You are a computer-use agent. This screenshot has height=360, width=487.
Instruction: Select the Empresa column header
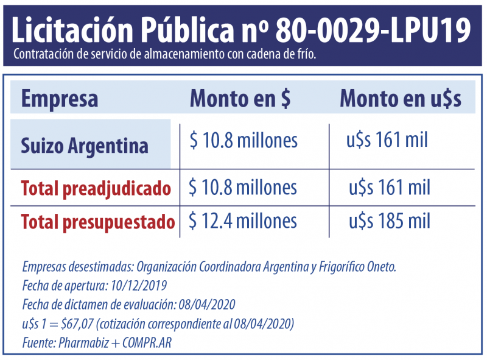point(60,99)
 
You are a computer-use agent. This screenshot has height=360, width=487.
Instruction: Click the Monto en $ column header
point(240,99)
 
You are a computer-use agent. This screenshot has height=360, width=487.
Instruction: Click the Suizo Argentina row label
point(85,146)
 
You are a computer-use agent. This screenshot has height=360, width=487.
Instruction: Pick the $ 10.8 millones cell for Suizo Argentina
point(243,141)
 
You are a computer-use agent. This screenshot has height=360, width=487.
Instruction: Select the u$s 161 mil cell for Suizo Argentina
point(387,141)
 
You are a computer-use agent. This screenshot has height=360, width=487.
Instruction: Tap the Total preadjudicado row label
point(96,188)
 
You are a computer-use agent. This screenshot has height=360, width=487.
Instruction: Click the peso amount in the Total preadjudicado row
point(243,187)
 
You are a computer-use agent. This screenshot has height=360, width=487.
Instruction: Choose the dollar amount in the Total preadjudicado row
point(390,187)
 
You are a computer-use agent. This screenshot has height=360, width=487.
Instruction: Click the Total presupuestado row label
point(98,222)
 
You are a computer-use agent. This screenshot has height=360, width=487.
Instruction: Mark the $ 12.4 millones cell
point(243,221)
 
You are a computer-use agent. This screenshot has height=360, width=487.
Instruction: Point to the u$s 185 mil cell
point(390,221)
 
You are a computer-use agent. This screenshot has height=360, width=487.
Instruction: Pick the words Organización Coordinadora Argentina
point(216,267)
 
